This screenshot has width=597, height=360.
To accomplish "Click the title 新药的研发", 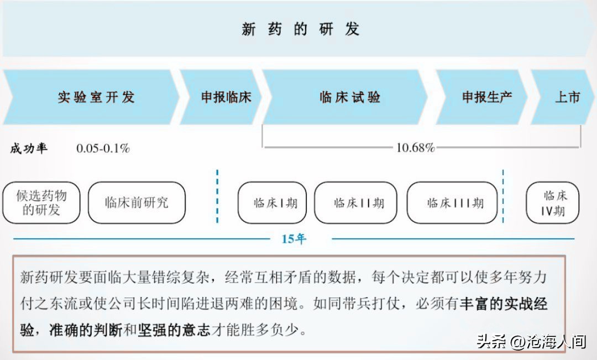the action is pos(300,29).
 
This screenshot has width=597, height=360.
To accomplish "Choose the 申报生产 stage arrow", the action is pos(481,97).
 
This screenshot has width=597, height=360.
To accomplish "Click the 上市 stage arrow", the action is pos(562,97).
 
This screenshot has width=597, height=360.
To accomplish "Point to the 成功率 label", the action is pos(29,148).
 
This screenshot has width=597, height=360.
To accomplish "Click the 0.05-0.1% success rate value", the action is pos(103,148).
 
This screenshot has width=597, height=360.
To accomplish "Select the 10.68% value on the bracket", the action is pos(415,148).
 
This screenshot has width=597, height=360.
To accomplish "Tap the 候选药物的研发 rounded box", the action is pos(41,202).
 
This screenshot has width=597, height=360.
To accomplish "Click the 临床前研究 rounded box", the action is pos(137,202).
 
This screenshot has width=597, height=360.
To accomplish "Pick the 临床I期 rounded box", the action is pos(272,202).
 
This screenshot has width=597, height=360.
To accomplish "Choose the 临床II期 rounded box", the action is pos(355,202).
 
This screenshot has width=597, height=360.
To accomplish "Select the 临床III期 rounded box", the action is pos(452,202).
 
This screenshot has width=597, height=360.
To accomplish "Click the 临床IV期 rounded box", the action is pos(553,202).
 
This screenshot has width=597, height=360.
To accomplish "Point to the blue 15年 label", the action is pos(294,239).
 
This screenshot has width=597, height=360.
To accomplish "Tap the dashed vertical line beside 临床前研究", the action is pos(217,196).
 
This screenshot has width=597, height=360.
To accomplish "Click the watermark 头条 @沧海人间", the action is pos(532,341).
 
